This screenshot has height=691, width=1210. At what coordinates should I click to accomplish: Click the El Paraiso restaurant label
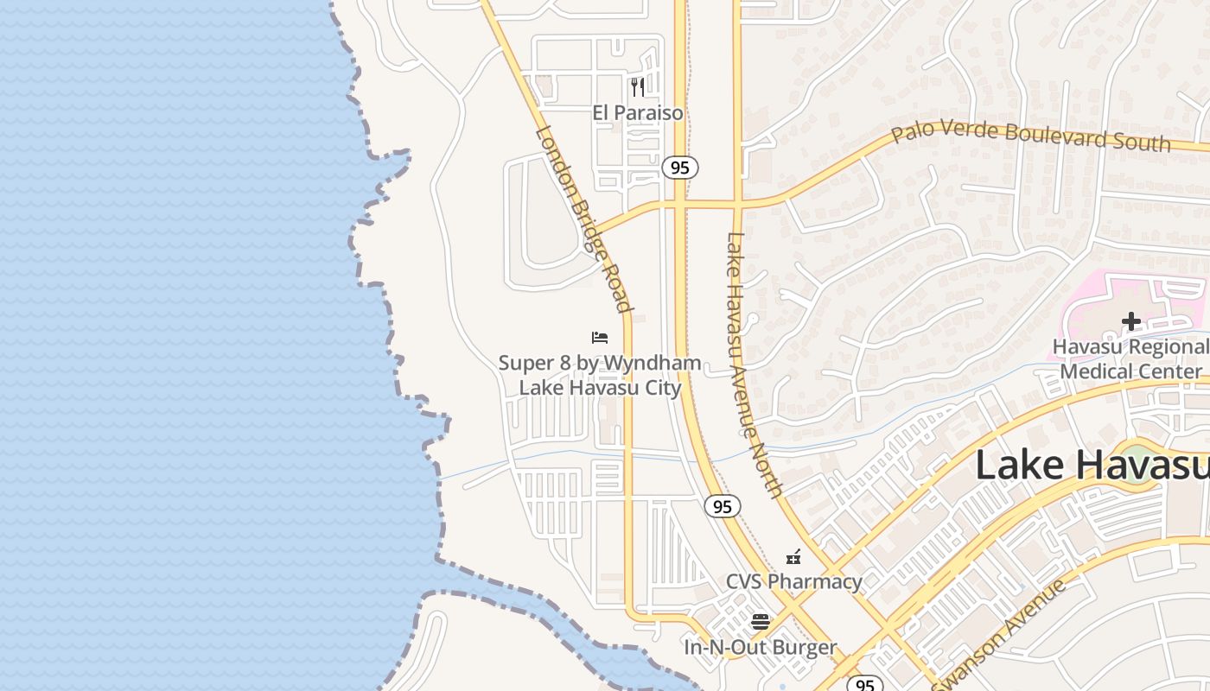pos(638,113)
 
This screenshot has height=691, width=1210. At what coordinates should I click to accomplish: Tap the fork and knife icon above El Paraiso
pos(638,86)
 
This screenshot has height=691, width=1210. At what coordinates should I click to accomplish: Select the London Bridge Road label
pos(585,219)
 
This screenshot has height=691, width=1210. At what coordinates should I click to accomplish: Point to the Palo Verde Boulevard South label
pos(1030,136)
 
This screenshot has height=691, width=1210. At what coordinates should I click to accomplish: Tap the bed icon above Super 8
pos(600,337)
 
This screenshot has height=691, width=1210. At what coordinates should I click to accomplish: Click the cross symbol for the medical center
pos(1130,322)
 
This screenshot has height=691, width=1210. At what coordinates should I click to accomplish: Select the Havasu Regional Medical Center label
pos(1130,359)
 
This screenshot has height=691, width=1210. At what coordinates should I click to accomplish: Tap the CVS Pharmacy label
pos(793,581)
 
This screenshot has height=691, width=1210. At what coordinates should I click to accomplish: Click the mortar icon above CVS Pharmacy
pos(793,557)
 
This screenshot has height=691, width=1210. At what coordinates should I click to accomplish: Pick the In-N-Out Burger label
pos(761,647)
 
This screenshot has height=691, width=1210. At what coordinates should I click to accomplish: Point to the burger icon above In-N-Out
pos(761,621)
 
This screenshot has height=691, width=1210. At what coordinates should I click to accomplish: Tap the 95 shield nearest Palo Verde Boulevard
pos(680,168)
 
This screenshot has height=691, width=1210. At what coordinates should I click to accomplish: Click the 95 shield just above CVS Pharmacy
pos(722,506)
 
